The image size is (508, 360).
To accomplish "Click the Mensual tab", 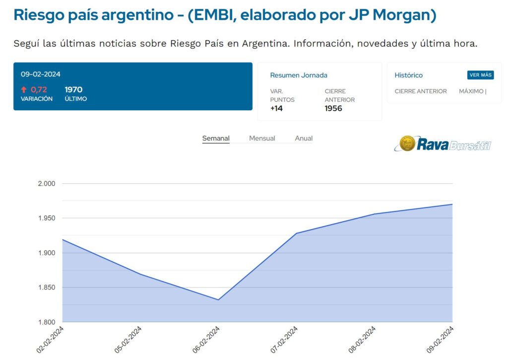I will pos(262,139).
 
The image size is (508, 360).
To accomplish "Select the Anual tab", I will pos(304,139).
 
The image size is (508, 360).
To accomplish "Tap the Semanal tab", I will pos(216,139).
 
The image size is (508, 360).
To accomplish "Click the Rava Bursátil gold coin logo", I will pos(407,144).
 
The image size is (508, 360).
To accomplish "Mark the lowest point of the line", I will pos(218,300).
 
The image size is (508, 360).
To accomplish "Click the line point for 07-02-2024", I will pos(296,233).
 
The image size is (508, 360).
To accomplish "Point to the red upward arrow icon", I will pos(24,90).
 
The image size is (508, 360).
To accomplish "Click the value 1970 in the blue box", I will pos(73,90).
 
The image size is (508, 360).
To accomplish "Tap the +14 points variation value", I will pos(276,108).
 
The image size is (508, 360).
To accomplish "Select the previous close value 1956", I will pos(333,108).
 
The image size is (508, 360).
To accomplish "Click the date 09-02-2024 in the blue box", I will pos(41,74).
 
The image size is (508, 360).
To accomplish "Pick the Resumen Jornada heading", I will pos(299,75).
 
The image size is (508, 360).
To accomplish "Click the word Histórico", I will pos(409,75).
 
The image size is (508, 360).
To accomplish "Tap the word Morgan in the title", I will pos(404,15).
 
